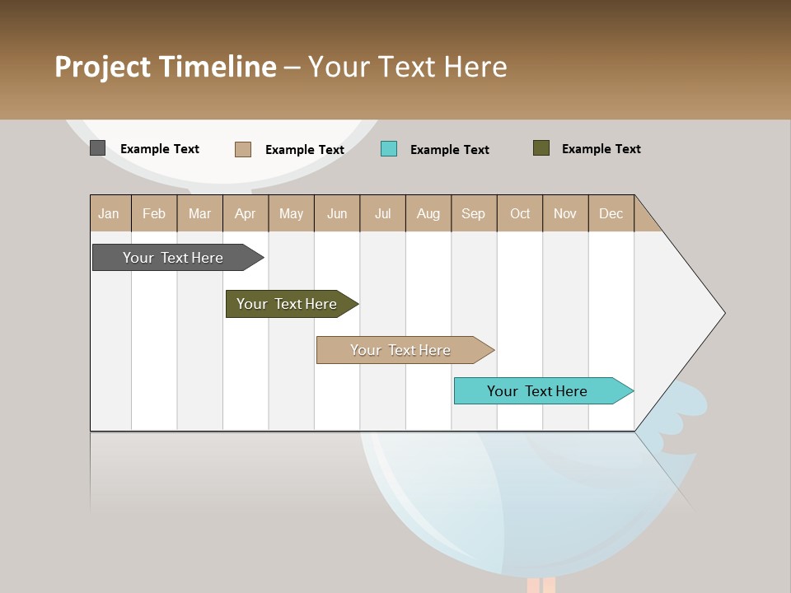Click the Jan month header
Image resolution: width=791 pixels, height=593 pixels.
click(x=109, y=213)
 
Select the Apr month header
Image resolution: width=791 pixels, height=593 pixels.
click(x=245, y=213)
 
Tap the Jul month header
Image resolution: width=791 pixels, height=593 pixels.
click(x=382, y=213)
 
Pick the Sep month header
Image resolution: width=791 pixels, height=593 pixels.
click(x=473, y=213)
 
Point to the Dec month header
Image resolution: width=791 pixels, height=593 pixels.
click(x=611, y=213)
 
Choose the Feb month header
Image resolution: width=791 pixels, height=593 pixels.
click(x=154, y=213)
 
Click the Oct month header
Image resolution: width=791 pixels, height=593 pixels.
click(x=520, y=213)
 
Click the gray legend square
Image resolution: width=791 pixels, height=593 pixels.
click(x=97, y=148)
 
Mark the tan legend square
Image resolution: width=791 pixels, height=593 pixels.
click(x=243, y=149)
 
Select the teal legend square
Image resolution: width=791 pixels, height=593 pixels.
click(x=389, y=148)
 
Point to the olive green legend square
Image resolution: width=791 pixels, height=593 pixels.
click(x=541, y=148)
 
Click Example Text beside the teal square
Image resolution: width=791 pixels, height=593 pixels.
click(x=449, y=150)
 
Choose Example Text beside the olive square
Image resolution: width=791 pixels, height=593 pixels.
click(x=601, y=149)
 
